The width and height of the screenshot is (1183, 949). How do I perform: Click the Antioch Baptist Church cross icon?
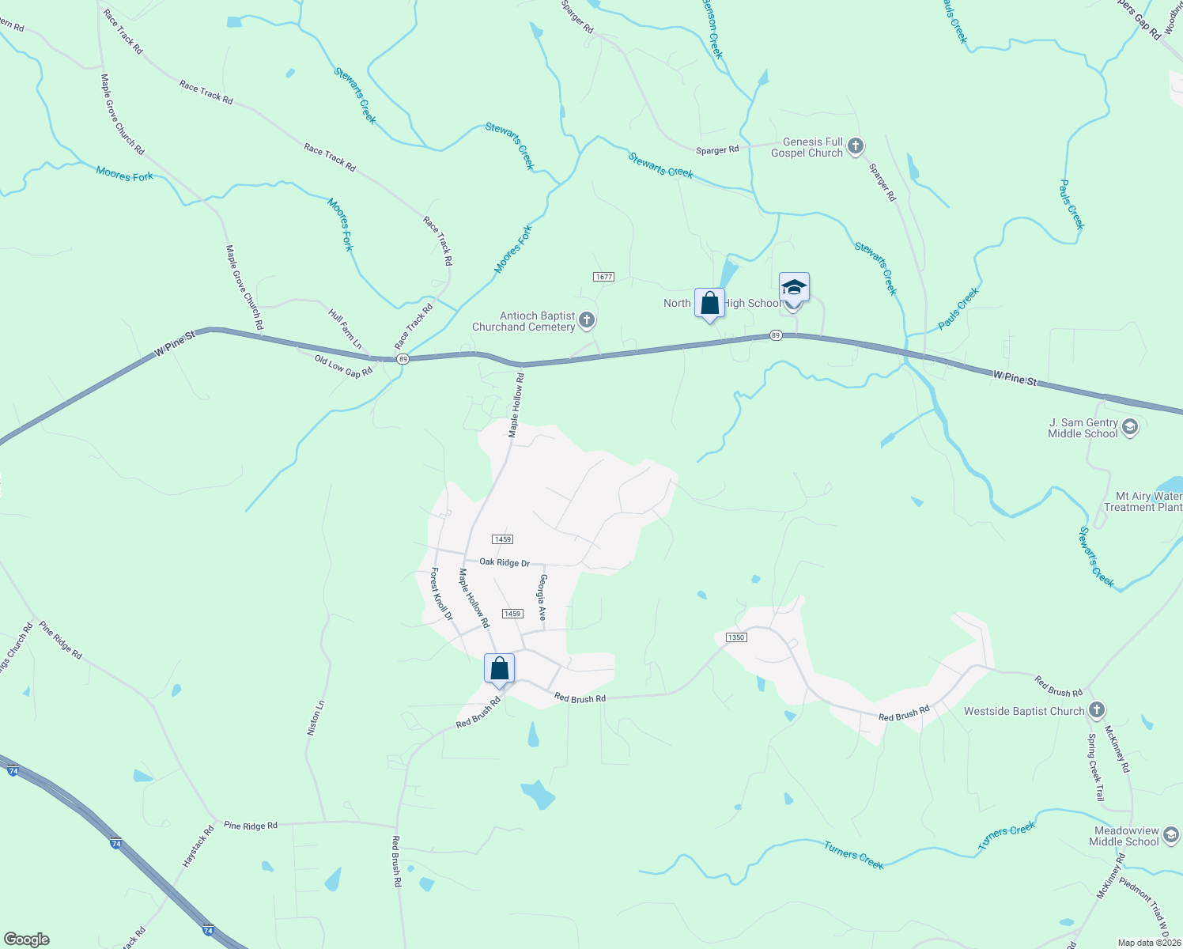click(x=586, y=320)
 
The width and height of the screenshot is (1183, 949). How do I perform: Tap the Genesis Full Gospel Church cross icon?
click(x=855, y=146)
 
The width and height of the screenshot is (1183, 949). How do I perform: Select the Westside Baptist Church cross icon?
click(x=1096, y=710)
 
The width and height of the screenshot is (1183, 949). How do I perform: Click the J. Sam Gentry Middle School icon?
click(x=1130, y=428)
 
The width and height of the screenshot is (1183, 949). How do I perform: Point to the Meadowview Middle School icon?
click(x=1171, y=835)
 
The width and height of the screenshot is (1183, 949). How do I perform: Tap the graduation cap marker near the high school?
click(x=794, y=289)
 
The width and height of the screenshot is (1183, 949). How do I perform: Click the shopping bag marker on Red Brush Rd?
click(x=499, y=669)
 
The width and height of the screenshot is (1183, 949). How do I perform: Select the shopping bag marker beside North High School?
click(x=709, y=303)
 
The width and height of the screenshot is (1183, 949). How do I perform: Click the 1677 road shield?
click(x=603, y=277)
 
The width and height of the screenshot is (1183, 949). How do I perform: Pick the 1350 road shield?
click(x=735, y=637)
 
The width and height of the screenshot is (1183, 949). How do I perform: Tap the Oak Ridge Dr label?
click(x=505, y=562)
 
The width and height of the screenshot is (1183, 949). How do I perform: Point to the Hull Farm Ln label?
click(x=346, y=330)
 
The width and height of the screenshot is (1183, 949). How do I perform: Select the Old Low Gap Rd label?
click(x=343, y=366)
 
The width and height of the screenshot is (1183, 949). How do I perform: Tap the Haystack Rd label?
click(x=198, y=846)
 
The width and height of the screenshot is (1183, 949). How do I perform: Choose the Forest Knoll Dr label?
click(x=441, y=594)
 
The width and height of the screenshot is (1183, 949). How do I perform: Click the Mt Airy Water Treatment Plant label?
click(x=1143, y=501)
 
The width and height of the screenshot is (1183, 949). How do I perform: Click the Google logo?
click(x=27, y=940)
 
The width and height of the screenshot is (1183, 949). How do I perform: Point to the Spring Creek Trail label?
click(x=1095, y=768)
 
